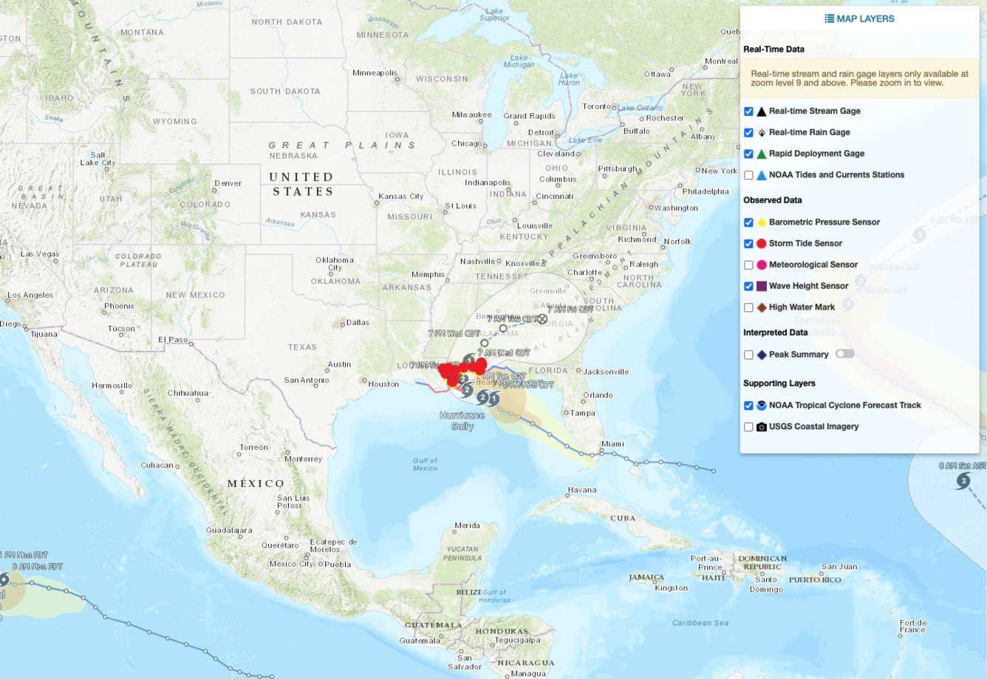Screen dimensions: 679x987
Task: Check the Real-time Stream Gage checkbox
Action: coord(748,112)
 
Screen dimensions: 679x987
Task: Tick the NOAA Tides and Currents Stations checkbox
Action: coord(748,175)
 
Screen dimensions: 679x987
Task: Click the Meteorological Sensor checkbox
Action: coord(748,265)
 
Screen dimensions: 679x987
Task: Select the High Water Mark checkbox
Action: coord(748,307)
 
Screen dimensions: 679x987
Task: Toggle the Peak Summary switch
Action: coord(844,354)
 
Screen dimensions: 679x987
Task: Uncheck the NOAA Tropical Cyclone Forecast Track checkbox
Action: coord(748,406)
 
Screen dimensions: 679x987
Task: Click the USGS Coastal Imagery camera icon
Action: coord(761,427)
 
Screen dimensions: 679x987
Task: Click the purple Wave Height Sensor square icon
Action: coord(761,286)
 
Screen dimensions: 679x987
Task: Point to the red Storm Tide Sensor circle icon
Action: coord(761,244)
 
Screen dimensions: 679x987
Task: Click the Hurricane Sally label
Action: coord(462,420)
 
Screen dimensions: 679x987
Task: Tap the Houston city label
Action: coord(383,384)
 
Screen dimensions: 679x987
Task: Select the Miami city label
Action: coord(612,444)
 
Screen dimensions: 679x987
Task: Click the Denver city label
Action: coord(228,183)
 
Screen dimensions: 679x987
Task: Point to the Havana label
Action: coord(581,490)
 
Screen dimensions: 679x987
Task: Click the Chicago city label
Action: coord(466,143)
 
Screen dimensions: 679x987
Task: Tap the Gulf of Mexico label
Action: coord(425,464)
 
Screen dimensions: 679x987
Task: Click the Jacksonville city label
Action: coord(606,372)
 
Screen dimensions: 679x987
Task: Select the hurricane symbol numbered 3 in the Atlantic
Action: coord(963,481)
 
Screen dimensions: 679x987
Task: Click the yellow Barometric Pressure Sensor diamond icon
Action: coord(761,222)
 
